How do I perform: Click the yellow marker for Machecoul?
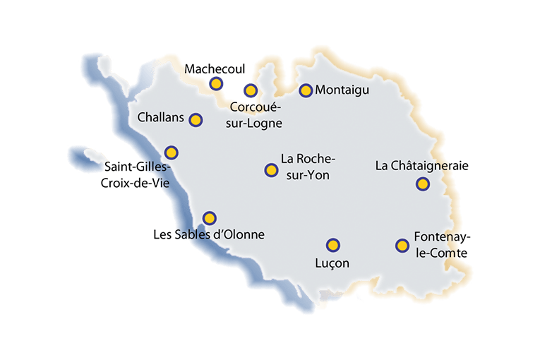[216, 84]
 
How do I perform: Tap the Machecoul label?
[214, 69]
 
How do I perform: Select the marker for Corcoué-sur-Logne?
[250, 90]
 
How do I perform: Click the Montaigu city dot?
[306, 90]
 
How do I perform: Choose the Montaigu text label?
[342, 90]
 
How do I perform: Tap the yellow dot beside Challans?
[196, 120]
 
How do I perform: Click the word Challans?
[161, 116]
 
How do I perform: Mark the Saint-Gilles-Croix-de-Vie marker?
[171, 152]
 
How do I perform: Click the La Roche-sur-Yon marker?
[271, 170]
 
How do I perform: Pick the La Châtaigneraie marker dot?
[422, 184]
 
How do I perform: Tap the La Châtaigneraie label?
[422, 167]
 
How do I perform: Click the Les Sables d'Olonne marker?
[209, 218]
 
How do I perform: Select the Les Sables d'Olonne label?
[209, 234]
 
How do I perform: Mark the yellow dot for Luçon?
[332, 245]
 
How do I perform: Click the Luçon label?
[332, 263]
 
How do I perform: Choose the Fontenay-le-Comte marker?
[402, 246]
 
